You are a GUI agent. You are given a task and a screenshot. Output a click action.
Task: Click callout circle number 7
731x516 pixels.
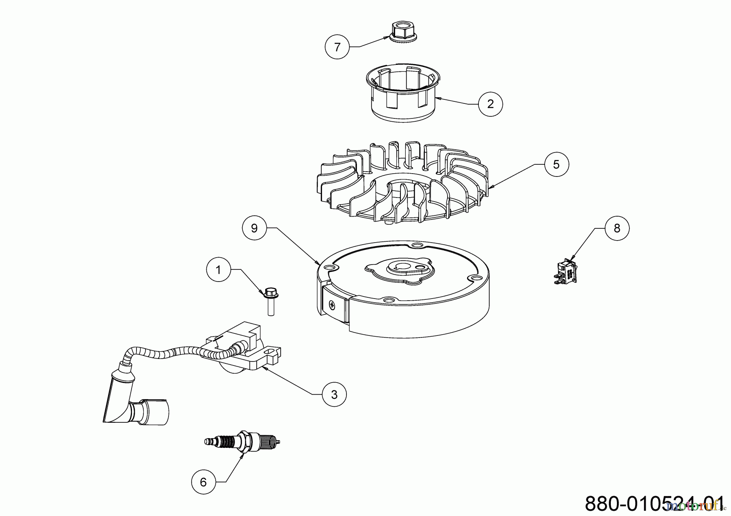337,47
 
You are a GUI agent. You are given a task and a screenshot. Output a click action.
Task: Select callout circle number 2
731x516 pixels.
490,104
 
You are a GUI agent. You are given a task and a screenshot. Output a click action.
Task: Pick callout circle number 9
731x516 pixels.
254,228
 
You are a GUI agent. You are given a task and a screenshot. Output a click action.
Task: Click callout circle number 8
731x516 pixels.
617,228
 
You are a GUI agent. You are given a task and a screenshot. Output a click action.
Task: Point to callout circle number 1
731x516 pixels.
218,269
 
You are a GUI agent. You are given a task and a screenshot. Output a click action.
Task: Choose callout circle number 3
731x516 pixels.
334,394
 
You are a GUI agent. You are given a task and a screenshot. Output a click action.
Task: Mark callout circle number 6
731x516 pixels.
203,482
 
